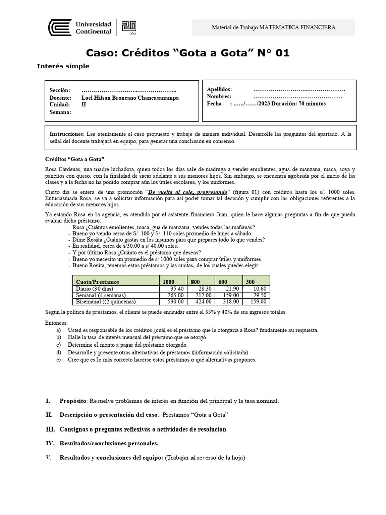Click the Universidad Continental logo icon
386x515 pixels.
pyautogui.click(x=59, y=28)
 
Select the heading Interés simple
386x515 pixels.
pyautogui.click(x=63, y=66)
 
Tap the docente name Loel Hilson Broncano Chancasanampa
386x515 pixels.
pyautogui.click(x=130, y=98)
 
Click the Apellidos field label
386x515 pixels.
pyautogui.click(x=219, y=89)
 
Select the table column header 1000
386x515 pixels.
pyautogui.click(x=169, y=282)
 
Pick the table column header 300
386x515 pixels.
pyautogui.click(x=250, y=282)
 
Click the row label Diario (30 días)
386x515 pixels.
pyautogui.click(x=94, y=289)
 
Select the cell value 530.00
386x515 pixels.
pyautogui.click(x=176, y=302)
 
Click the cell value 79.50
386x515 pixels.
pyautogui.click(x=260, y=295)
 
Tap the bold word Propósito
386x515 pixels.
pyautogui.click(x=73, y=401)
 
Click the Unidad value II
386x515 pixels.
pyautogui.click(x=84, y=104)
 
